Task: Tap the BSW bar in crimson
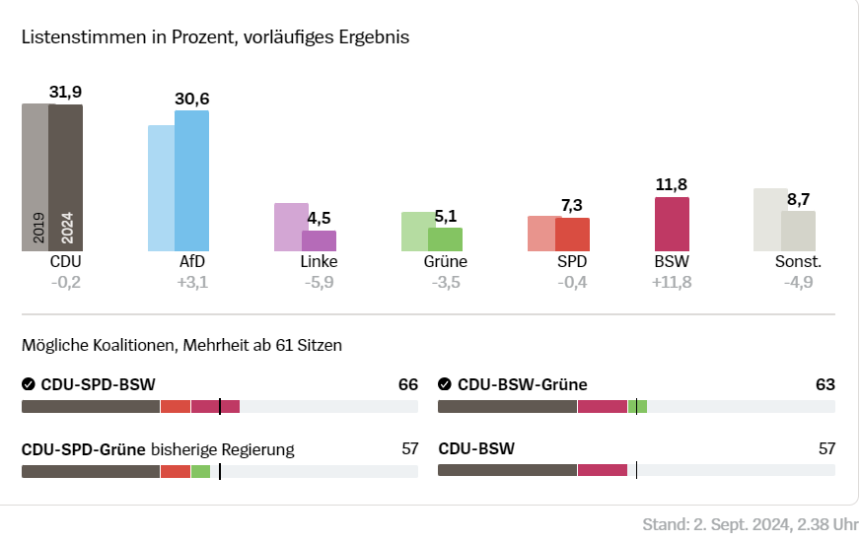tap(672, 224)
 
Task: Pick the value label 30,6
tap(192, 99)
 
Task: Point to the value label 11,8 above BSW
tap(672, 184)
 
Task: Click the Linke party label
tap(319, 262)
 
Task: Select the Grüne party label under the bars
tap(445, 262)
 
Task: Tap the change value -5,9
tap(319, 284)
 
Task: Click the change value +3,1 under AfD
tap(192, 284)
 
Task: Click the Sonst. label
tap(798, 262)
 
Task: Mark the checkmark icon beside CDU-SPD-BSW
tap(29, 384)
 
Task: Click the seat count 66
tap(407, 384)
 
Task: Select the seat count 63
tap(825, 384)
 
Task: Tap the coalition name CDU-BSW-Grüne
tap(523, 384)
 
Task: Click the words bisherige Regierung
tap(222, 449)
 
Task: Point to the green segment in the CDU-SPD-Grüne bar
tap(200, 471)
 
